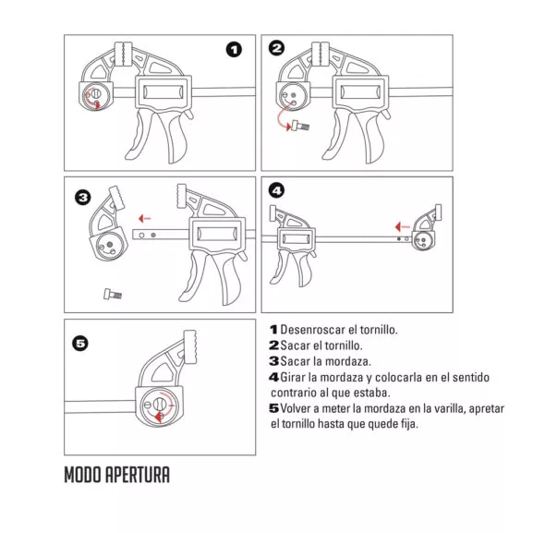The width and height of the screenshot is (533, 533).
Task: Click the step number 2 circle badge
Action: tap(276, 48)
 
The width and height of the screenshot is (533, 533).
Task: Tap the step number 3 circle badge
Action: tap(82, 197)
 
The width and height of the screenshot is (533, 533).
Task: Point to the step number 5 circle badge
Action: tap(80, 344)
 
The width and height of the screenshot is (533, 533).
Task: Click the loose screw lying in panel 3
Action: tap(112, 294)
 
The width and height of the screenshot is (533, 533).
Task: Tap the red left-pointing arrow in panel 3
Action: tap(141, 219)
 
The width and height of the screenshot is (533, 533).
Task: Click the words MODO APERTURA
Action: tap(116, 477)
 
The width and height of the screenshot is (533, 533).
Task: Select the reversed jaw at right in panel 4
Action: tap(427, 231)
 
